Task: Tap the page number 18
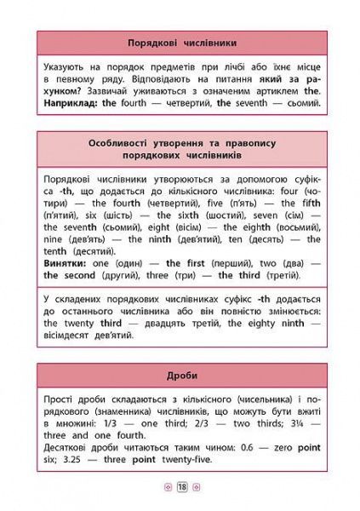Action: (x=181, y=486)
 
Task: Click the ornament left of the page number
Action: (x=168, y=486)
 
